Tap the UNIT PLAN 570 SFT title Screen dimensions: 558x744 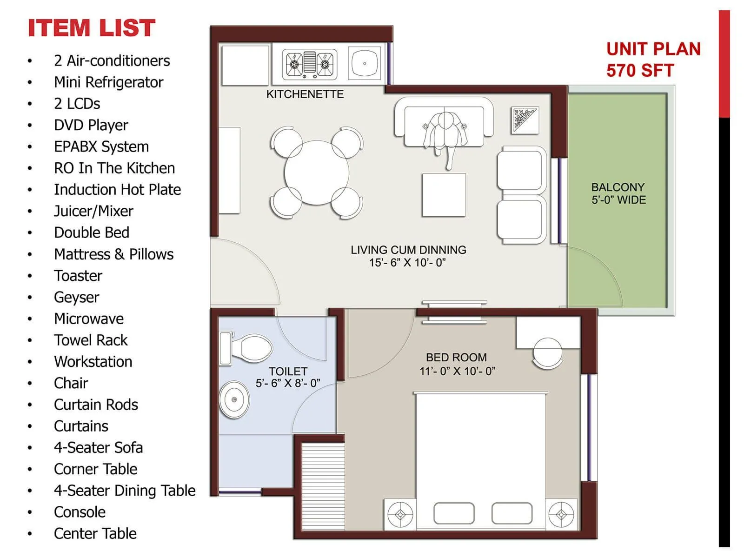pyautogui.click(x=653, y=60)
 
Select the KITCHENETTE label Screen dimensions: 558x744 pyautogui.click(x=305, y=94)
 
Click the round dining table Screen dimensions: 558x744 pyautogui.click(x=316, y=173)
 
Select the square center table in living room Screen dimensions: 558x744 pyautogui.click(x=444, y=195)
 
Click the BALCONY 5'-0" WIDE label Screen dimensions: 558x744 pyautogui.click(x=618, y=193)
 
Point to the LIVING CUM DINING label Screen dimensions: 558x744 pyautogui.click(x=408, y=256)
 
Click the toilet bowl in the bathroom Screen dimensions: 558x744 pyautogui.click(x=251, y=348)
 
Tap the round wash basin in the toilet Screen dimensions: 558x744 pyautogui.click(x=234, y=399)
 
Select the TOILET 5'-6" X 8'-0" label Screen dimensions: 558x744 pyautogui.click(x=288, y=377)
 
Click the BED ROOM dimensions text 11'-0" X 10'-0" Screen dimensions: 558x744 pyautogui.click(x=457, y=371)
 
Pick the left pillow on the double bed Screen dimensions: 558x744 pyautogui.click(x=454, y=513)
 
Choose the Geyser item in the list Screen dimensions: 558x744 pyautogui.click(x=77, y=297)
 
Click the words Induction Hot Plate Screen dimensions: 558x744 pyautogui.click(x=117, y=190)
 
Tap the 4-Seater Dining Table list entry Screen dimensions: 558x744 pyautogui.click(x=125, y=491)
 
